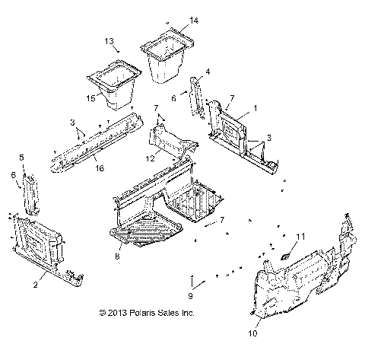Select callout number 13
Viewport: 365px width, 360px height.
[x=108, y=40]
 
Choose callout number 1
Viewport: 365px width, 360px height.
[x=255, y=109]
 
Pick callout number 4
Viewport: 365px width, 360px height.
[x=208, y=72]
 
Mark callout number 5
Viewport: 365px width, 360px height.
[x=21, y=157]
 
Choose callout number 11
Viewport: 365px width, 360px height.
[x=300, y=237]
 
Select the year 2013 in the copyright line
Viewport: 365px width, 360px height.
[x=129, y=313]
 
